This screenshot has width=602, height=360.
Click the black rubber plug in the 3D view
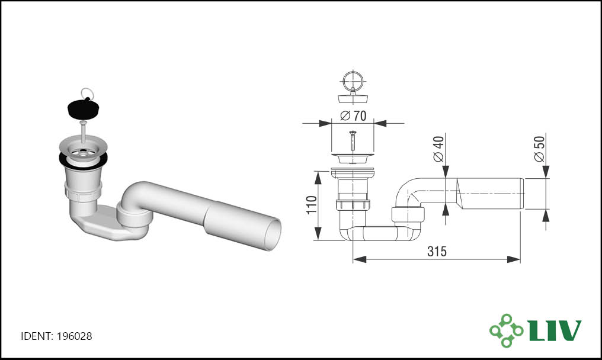(x=84, y=108)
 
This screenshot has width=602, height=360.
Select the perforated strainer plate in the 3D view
(x=83, y=151)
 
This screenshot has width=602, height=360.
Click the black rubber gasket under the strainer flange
(x=84, y=160)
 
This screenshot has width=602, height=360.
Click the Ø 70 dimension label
(x=353, y=115)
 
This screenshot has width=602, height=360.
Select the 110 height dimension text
(x=311, y=204)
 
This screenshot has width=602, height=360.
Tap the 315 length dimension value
(x=437, y=252)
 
